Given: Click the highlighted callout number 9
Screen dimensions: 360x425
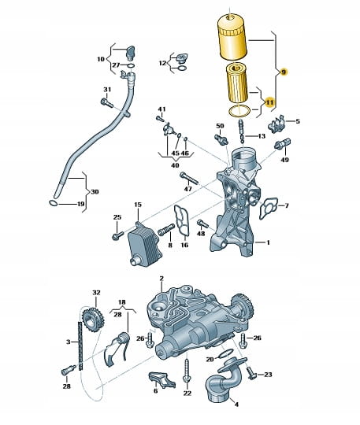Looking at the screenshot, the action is [284, 72].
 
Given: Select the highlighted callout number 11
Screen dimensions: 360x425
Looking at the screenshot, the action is [269, 102].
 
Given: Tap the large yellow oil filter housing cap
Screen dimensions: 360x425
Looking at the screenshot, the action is [232, 38].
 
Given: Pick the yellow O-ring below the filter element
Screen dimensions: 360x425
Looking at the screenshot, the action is [239, 111].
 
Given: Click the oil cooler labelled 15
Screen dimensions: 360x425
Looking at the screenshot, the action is [144, 244].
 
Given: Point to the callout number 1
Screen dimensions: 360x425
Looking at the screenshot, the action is [268, 242].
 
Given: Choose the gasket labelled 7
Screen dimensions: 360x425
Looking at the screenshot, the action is [269, 208].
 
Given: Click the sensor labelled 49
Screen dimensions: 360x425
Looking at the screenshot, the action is [282, 144].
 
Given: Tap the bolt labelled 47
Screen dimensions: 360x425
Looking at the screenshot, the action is [189, 178].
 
